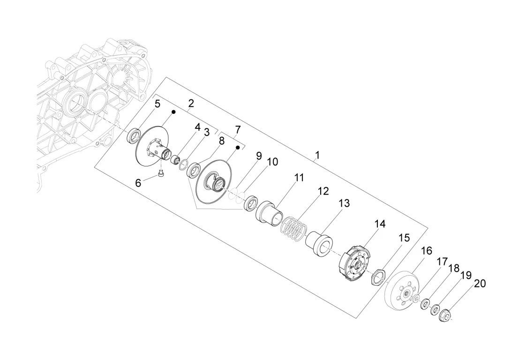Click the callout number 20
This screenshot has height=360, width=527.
click(480, 284)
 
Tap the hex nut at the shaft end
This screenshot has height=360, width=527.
click(445, 315)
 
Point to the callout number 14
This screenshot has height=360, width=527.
click(380, 224)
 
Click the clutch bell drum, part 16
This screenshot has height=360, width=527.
click(402, 291)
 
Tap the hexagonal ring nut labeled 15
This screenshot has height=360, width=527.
click(379, 277)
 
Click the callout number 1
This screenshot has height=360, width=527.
click(317, 155)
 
